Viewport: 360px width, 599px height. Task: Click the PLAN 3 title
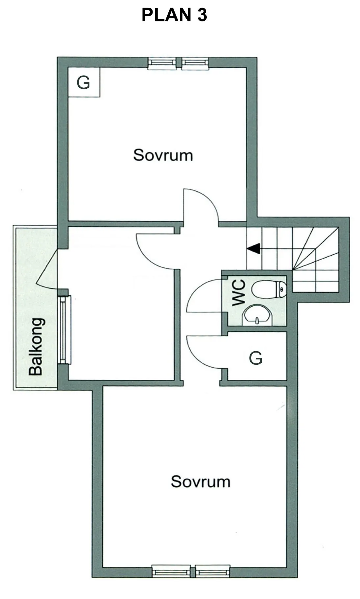click(x=174, y=15)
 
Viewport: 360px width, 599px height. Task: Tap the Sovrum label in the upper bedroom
click(x=163, y=155)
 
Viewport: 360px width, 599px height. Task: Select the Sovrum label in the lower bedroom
click(x=200, y=482)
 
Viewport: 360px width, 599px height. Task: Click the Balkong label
click(x=36, y=346)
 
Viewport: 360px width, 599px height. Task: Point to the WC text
click(x=239, y=293)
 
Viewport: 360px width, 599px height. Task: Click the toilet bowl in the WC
click(x=269, y=289)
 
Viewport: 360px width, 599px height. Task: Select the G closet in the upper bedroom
click(x=84, y=82)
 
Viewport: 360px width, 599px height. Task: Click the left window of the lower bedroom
click(x=171, y=571)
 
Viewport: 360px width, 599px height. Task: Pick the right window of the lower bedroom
click(x=213, y=571)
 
